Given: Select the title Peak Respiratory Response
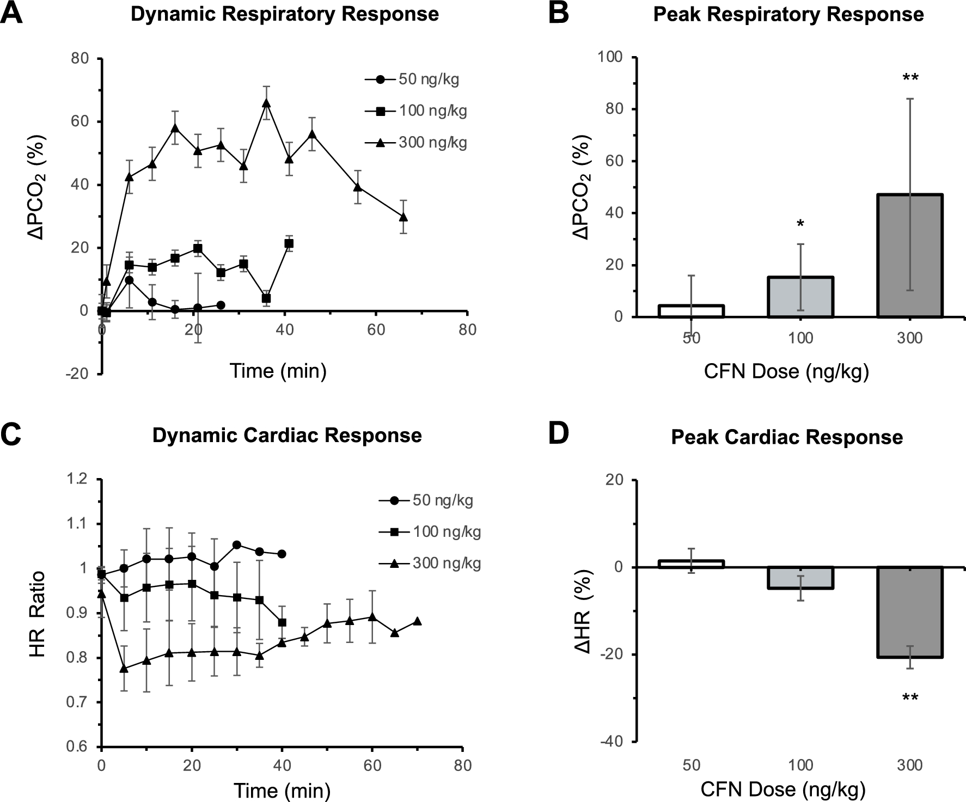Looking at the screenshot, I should [x=788, y=14].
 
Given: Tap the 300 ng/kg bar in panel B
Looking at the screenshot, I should [x=909, y=256].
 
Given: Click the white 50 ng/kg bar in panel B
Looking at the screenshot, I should [x=691, y=311].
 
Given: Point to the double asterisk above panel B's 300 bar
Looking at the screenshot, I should [x=910, y=78].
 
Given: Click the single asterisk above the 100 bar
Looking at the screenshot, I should [x=800, y=224].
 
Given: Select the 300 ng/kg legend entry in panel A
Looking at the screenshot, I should [x=416, y=143].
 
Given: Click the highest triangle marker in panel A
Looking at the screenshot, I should [x=266, y=102].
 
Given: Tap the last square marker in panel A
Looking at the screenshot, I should [x=289, y=243].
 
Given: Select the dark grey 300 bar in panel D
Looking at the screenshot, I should [x=909, y=612].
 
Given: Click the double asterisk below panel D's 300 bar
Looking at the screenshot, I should [x=910, y=697].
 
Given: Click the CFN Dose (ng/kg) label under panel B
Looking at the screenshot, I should [x=786, y=371].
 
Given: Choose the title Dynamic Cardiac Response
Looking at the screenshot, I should [x=287, y=436].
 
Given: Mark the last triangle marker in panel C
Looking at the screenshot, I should [x=418, y=621].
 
